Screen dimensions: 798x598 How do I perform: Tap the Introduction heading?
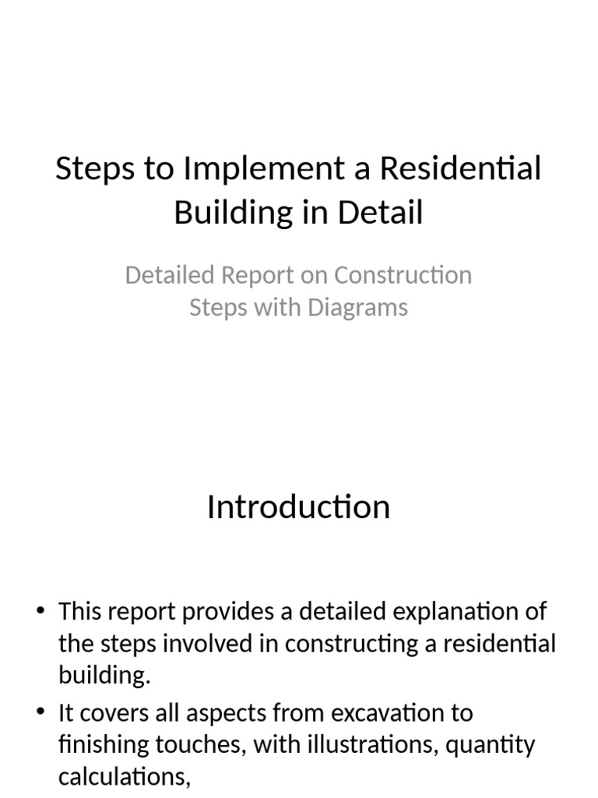298,507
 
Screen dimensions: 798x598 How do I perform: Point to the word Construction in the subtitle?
403,275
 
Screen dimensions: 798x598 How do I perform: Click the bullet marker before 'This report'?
41,612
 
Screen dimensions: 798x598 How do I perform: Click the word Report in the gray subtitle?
262,275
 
